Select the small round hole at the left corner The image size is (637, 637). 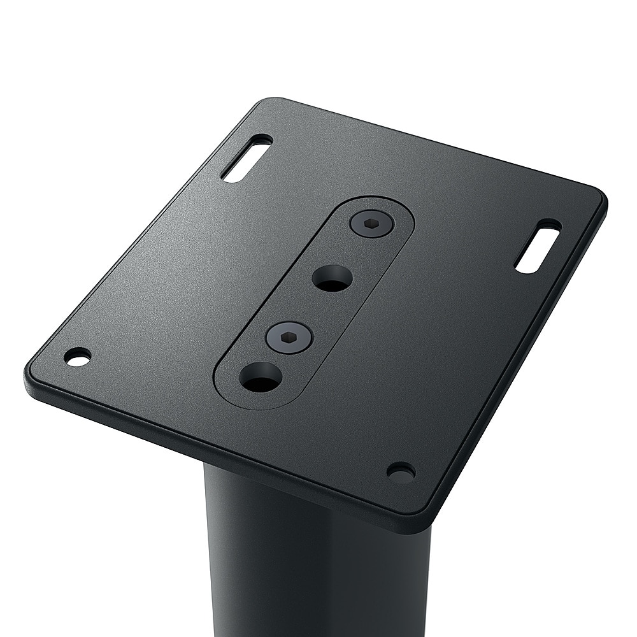point(78,357)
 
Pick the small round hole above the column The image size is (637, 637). point(401,472)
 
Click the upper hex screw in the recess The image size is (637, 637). point(372,224)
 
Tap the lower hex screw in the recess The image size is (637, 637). point(289,336)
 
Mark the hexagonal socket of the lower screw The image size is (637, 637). point(289,336)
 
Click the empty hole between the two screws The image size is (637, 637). point(332,278)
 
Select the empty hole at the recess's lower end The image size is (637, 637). point(261,377)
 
